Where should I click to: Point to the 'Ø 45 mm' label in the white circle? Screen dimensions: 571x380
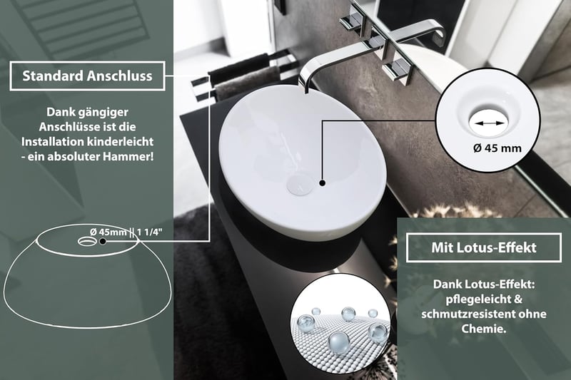(x=497, y=148)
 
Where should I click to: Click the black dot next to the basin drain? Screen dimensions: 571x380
(x=323, y=183)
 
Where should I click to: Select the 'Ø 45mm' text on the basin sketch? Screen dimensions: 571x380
(x=108, y=232)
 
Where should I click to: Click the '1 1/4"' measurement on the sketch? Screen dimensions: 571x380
(x=150, y=232)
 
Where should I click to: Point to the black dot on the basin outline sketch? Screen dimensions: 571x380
(x=103, y=241)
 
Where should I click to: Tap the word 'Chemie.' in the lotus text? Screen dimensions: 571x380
(x=484, y=329)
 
